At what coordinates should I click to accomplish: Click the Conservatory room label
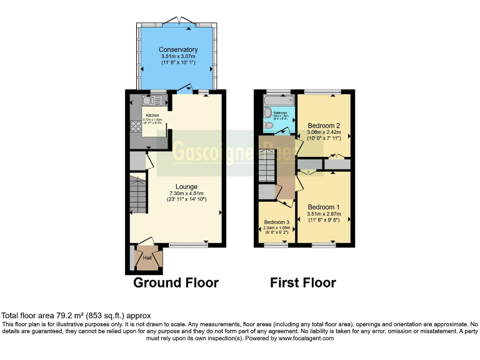tap(178, 49)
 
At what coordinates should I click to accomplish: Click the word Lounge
tap(186, 186)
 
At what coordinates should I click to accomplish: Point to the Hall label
tap(147, 257)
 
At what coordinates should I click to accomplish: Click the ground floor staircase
tap(137, 193)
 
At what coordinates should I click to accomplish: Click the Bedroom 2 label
tap(324, 126)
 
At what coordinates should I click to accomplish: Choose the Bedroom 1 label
tap(324, 207)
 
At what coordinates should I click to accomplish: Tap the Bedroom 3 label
tap(276, 222)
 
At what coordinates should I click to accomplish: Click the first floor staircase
tap(267, 168)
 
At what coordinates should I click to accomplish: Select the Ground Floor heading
tap(176, 282)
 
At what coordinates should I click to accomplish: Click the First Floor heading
tap(302, 282)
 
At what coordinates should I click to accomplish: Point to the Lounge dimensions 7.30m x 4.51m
tap(186, 193)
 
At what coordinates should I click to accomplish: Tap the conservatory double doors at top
tap(178, 21)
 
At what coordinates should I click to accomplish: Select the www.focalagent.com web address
tap(300, 338)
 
